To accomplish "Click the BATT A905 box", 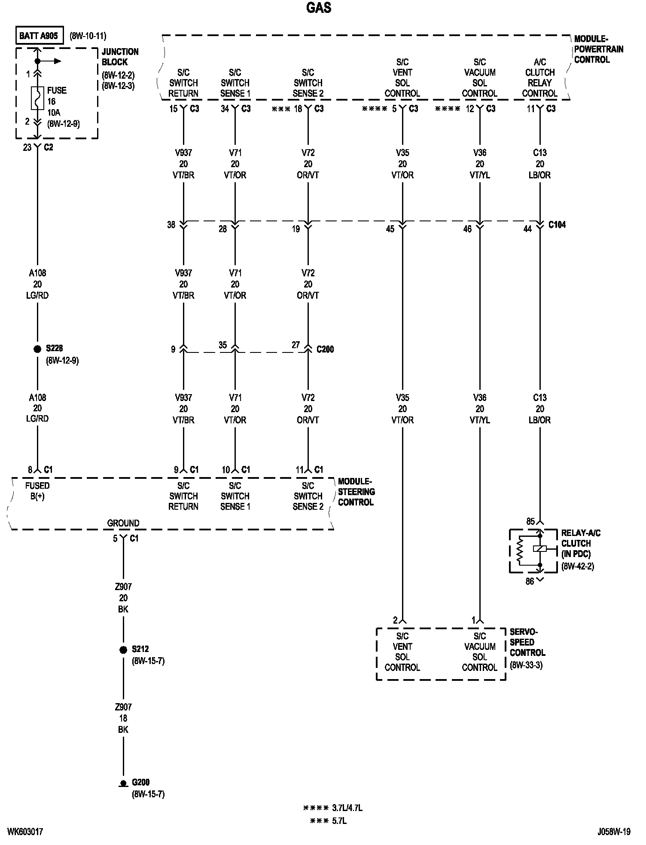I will pos(39,36).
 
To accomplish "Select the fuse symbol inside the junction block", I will pos(37,98).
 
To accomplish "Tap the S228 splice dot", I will pos(37,349).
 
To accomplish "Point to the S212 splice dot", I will pos(123,649).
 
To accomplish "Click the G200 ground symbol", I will pos(123,783).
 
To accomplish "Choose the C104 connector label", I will pos(557,225).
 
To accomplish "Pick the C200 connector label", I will pos(325,349).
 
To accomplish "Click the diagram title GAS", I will pos(319,8).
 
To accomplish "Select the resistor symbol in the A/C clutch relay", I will pos(520,551).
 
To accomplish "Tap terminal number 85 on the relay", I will pos(530,521).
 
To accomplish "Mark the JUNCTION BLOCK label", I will pos(120,57).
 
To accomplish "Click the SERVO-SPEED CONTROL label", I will pos(527,642).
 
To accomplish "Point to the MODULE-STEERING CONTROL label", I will pos(356,492).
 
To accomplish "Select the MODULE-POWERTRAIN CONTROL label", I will pos(598,49).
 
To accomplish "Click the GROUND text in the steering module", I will pos(123,523).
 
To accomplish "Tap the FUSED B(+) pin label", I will pos(37,491).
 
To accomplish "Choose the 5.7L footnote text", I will pos(339,821).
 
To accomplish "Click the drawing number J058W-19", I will pos(614,832).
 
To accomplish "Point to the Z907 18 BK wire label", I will pos(123,718).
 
